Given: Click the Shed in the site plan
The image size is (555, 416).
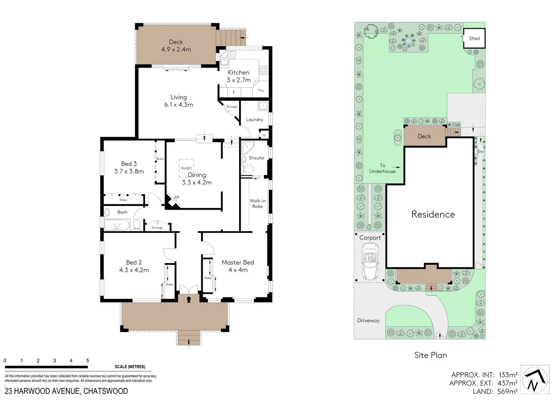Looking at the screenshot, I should (474, 38).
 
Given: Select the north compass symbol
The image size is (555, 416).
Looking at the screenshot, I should (535, 379).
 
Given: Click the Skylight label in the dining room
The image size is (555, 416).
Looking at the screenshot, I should (186, 168).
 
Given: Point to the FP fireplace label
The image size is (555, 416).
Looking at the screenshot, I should (177, 198).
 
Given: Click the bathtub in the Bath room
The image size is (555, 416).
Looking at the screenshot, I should (118, 225).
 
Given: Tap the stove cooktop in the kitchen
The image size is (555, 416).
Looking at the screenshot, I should (264, 70).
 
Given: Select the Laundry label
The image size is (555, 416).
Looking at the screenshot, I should (254, 119).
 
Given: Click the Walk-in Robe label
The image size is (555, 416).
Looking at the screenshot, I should (257, 203).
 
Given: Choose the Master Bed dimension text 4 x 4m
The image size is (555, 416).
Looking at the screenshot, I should (238, 270).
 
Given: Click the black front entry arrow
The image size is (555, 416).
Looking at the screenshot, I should (189, 299).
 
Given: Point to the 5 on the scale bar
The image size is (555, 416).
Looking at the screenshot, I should (87, 361).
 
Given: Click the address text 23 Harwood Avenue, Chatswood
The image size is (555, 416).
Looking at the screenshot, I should (66, 391).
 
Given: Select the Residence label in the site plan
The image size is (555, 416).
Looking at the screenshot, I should (433, 214).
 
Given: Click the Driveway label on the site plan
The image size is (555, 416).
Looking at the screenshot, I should (368, 320).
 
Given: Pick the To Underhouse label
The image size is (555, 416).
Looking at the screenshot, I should (382, 168).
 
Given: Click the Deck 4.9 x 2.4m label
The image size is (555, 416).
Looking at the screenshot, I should (176, 46).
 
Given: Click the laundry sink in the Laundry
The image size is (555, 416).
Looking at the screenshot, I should (263, 106).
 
